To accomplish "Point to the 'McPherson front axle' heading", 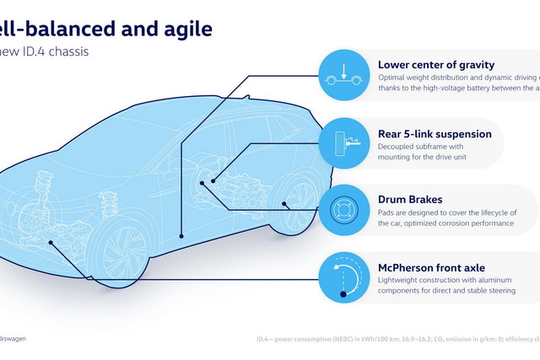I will coord(431,268).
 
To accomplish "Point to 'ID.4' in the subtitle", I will coord(51,51).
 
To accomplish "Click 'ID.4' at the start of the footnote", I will coord(265,339).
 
